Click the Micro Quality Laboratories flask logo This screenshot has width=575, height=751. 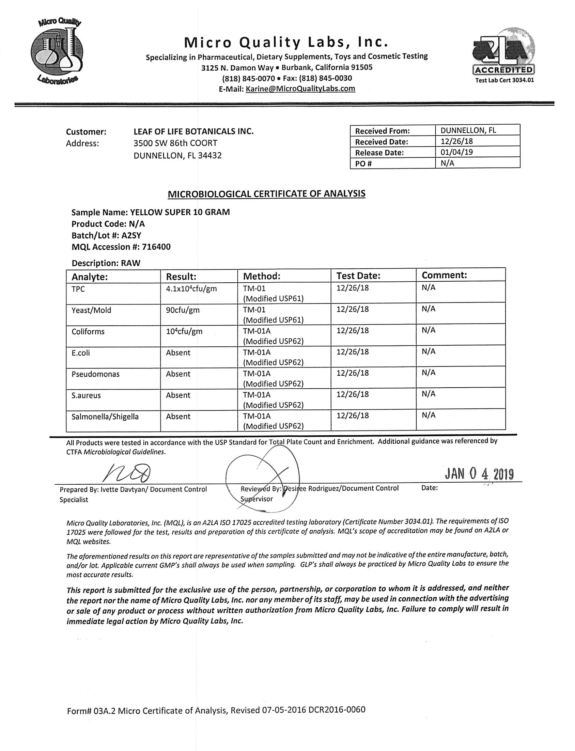[58, 51]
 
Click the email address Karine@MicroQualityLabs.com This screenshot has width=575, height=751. [300, 89]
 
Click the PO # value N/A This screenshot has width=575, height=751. [447, 163]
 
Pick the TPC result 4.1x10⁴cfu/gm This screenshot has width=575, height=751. [191, 288]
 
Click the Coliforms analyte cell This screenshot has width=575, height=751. [88, 331]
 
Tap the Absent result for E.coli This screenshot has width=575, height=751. [178, 353]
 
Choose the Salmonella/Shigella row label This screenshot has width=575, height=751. [105, 417]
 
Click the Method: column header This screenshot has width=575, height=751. [262, 276]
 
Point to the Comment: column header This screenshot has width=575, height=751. [444, 275]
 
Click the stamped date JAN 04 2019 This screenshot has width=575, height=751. [479, 474]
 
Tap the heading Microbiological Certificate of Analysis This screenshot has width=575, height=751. [266, 194]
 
